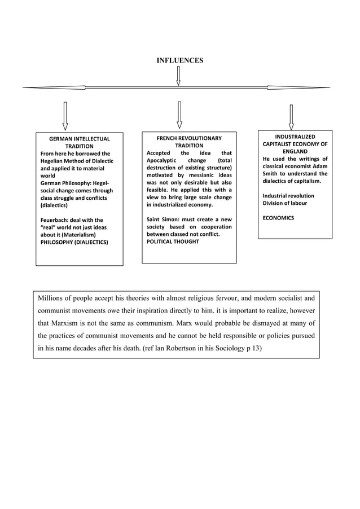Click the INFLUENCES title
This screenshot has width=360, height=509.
(x=179, y=60)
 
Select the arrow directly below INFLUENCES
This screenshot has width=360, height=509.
(x=178, y=76)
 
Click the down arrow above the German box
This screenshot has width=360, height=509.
(x=65, y=116)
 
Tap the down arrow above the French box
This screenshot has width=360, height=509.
(x=179, y=115)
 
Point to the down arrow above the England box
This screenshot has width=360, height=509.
(x=291, y=117)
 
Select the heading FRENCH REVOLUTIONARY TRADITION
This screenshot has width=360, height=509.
(x=189, y=142)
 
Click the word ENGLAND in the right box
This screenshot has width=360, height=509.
(x=295, y=152)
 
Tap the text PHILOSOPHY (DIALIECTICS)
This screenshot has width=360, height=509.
(x=74, y=242)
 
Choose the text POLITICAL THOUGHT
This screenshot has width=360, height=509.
(x=173, y=242)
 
